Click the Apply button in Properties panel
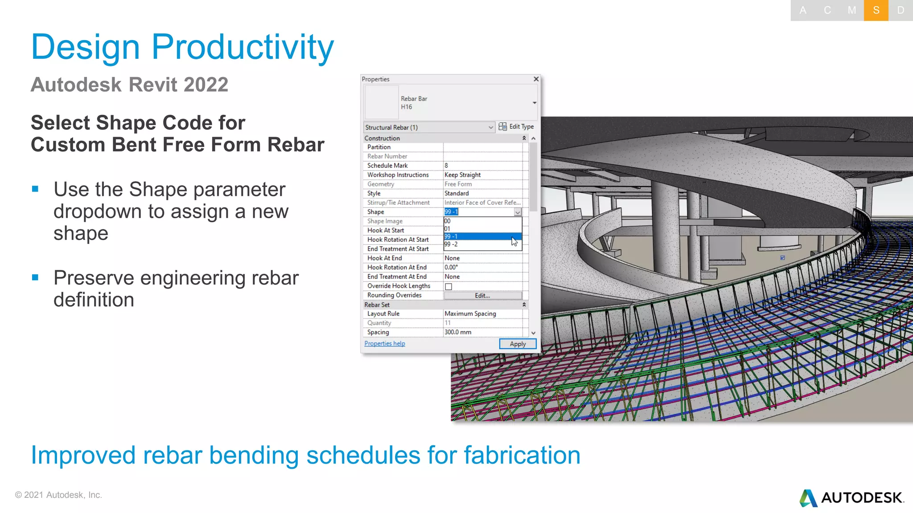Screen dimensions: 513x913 517,344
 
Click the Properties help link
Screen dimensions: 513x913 384,343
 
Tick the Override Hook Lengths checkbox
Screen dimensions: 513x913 448,286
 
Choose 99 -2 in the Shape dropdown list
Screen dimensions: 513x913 451,244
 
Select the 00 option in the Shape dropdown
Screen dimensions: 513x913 448,221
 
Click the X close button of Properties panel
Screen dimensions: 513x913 536,79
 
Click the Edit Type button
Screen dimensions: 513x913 516,126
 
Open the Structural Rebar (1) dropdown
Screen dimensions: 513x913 490,127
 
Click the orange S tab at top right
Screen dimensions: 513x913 876,10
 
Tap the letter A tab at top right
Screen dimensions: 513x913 802,10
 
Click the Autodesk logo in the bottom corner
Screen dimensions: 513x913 851,497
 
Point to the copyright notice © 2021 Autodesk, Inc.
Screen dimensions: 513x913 58,495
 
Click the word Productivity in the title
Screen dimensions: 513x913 243,47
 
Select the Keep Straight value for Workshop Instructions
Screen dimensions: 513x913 462,175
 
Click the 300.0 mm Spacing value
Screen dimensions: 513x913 458,332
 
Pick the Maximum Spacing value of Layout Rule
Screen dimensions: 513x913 470,313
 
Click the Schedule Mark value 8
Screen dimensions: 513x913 446,165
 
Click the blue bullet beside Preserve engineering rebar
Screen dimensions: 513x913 35,277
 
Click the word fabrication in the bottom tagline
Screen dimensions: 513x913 522,456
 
